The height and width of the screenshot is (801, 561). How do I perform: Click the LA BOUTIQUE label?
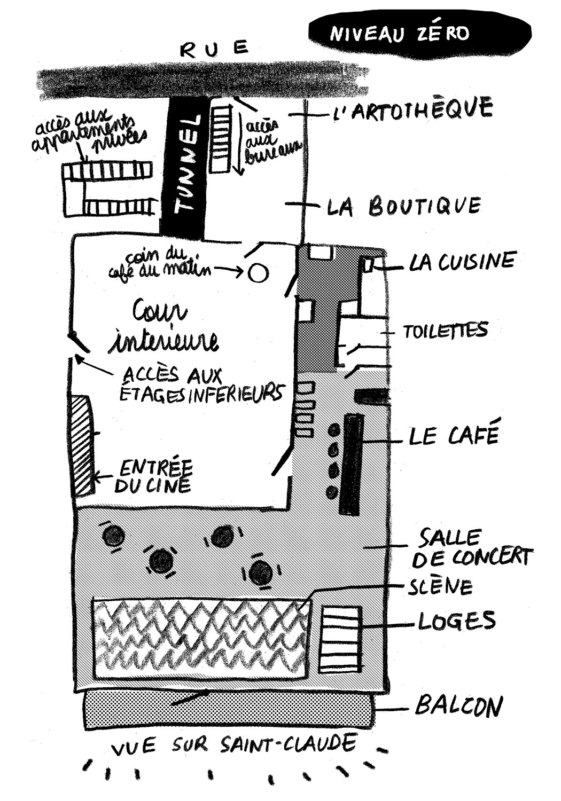pos(403,206)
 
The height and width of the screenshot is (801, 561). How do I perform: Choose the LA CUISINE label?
pos(462,262)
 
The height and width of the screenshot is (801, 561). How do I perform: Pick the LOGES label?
pos(456,621)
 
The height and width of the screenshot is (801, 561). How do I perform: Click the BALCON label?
pos(458,707)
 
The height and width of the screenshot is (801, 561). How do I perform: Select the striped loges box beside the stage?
pos(340,639)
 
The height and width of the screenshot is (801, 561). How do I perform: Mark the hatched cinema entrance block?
pos(83,445)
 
